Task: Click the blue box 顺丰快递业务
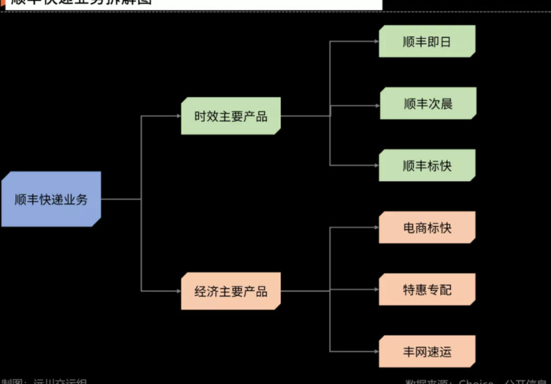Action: point(51,199)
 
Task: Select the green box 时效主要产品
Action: point(231,116)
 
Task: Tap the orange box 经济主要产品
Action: point(231,291)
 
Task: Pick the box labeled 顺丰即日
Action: point(427,41)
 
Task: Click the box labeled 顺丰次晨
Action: point(427,103)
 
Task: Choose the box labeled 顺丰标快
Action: point(427,165)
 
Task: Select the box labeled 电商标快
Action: point(427,227)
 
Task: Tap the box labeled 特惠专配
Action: point(427,290)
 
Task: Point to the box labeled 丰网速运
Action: point(427,351)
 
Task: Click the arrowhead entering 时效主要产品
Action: point(177,116)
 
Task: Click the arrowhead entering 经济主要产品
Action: point(177,291)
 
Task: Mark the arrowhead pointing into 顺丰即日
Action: point(375,41)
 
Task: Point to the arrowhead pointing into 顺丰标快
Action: point(375,165)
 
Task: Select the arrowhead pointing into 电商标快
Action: point(375,227)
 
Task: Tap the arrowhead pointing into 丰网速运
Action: point(375,351)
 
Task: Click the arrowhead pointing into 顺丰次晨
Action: point(375,103)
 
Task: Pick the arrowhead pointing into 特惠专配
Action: point(375,290)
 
